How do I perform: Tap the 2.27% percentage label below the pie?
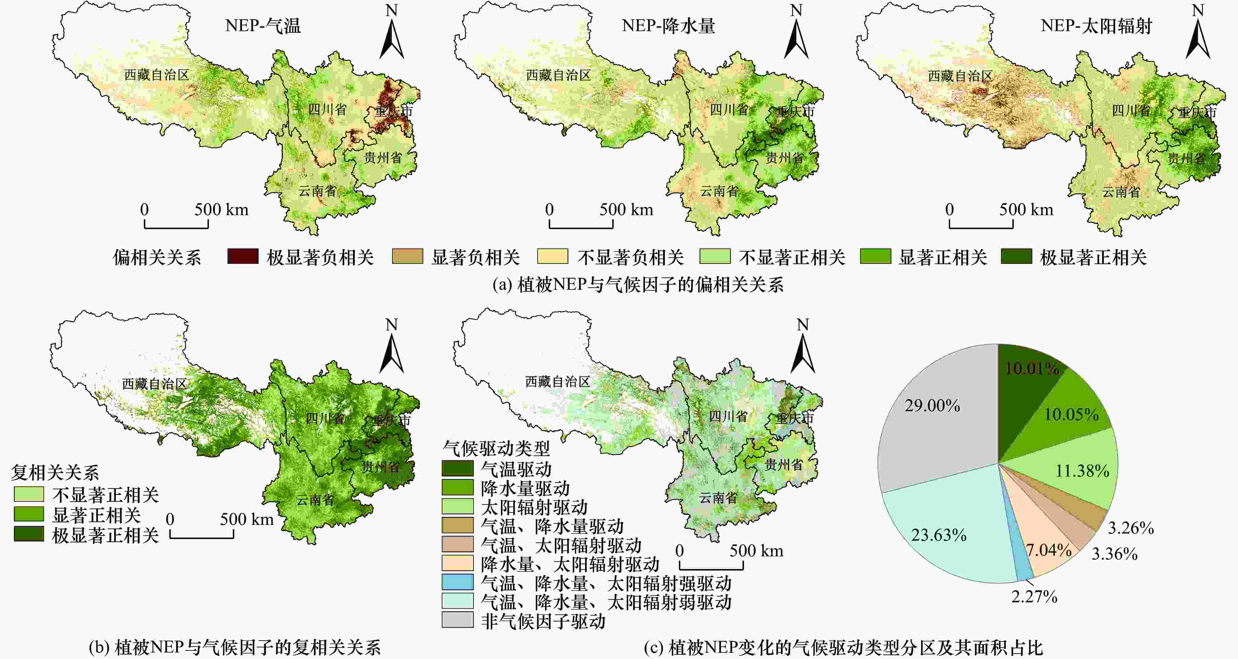(1034, 596)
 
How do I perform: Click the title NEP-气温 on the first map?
(263, 26)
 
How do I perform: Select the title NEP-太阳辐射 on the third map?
(1096, 26)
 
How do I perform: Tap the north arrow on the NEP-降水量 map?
(796, 34)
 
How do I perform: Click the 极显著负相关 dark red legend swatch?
(243, 256)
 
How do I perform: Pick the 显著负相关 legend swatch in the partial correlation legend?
(408, 256)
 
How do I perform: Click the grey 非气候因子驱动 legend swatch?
(457, 620)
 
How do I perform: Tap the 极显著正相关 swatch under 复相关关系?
(29, 534)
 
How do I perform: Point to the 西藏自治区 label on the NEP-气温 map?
(157, 75)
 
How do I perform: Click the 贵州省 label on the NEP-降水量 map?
(784, 158)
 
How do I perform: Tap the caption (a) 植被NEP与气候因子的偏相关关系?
(638, 285)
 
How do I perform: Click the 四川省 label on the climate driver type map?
(728, 416)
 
